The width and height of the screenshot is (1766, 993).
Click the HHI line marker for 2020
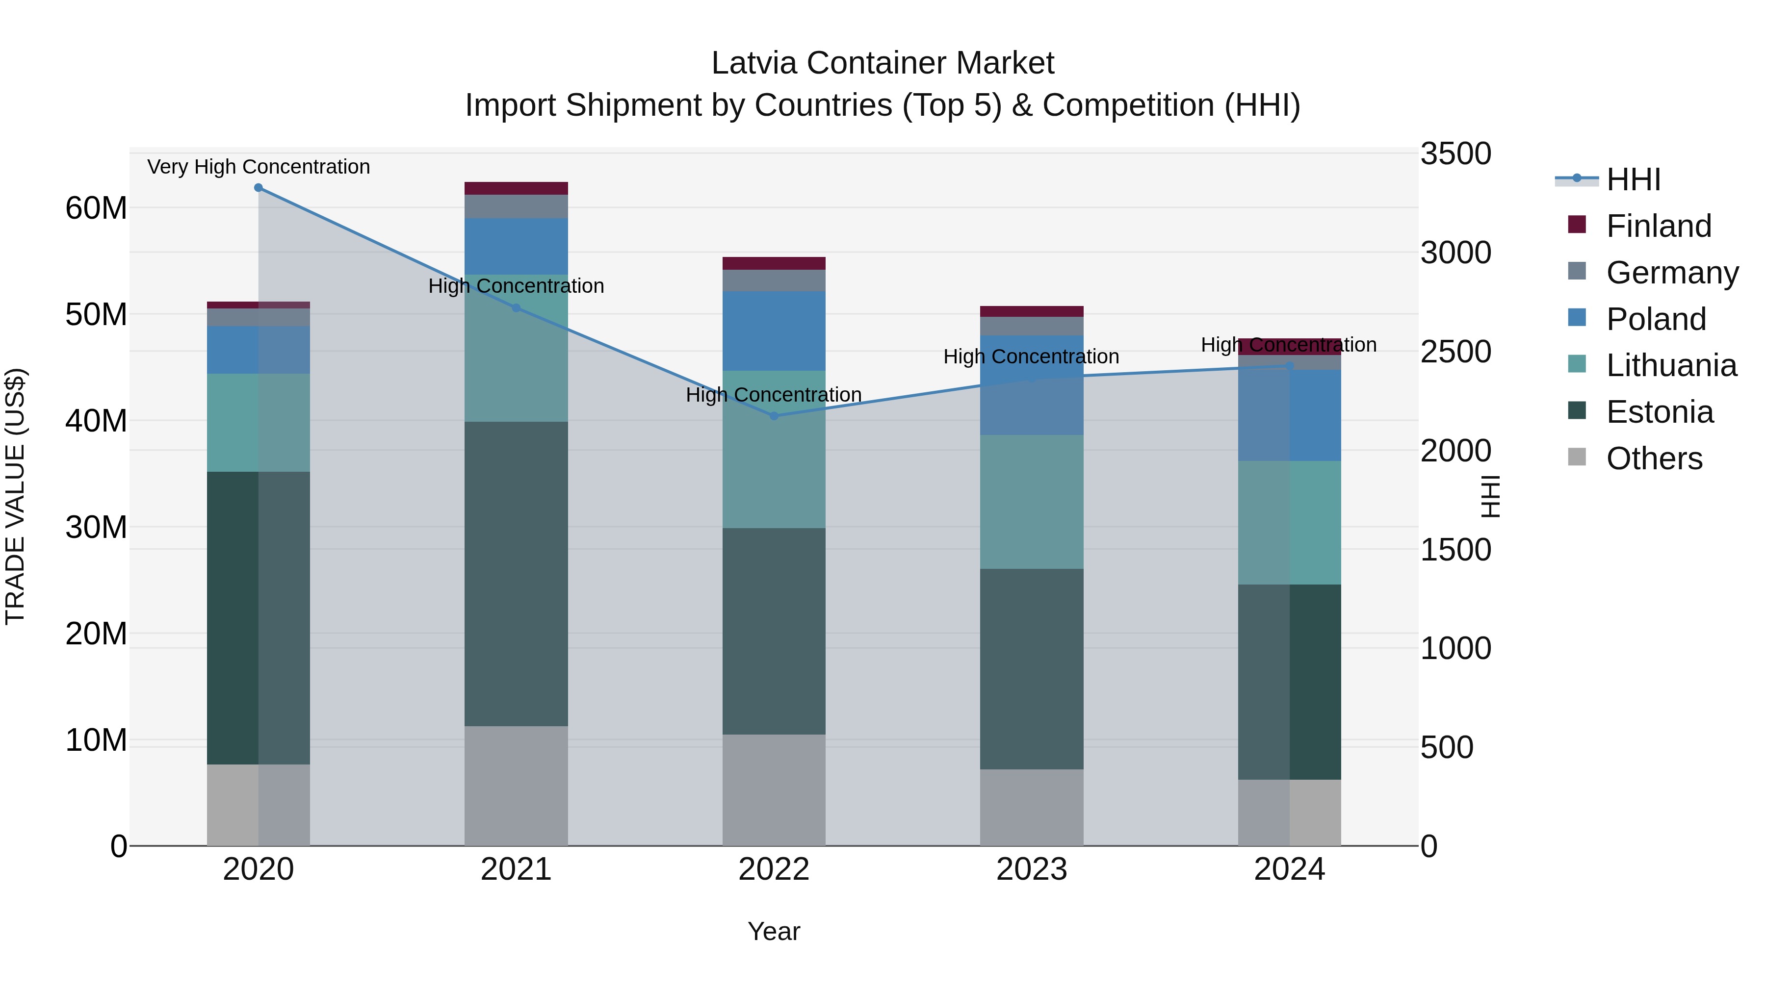click(x=259, y=188)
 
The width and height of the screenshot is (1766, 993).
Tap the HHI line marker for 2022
click(x=774, y=416)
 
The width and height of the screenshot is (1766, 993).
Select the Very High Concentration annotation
click(x=259, y=167)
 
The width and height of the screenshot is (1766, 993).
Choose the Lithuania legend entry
click(x=1671, y=365)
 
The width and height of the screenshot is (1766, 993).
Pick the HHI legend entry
click(x=1633, y=179)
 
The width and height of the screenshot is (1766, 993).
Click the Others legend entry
click(x=1654, y=458)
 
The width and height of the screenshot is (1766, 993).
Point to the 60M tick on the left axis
click(x=96, y=207)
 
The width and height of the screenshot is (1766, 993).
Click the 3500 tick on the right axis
click(x=1455, y=153)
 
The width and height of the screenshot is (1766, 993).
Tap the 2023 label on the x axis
click(x=1031, y=869)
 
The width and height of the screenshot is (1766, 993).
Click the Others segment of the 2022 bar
click(x=774, y=789)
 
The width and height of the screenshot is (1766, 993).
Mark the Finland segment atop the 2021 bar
click(x=516, y=188)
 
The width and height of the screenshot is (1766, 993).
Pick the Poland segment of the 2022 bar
click(x=774, y=331)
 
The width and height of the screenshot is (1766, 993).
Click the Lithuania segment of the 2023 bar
click(x=1031, y=502)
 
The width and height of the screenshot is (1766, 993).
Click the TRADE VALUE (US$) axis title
click(x=15, y=496)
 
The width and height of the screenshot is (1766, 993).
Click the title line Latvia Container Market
click(x=883, y=63)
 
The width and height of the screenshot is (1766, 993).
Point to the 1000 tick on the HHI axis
click(x=1455, y=648)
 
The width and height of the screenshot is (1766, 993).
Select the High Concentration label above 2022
click(x=774, y=395)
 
